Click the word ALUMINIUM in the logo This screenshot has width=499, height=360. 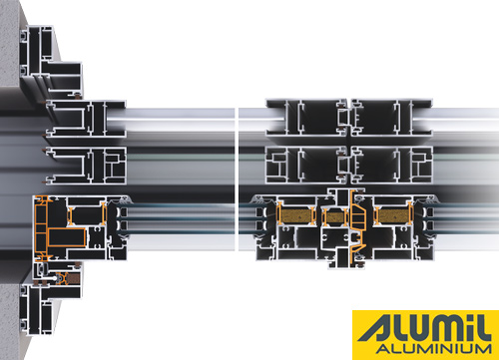point(433,349)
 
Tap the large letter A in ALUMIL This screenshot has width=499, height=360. point(376,328)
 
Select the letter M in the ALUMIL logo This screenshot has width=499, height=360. point(441,328)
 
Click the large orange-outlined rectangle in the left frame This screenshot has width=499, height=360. point(68,237)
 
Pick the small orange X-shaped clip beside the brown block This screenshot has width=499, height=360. point(62,278)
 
